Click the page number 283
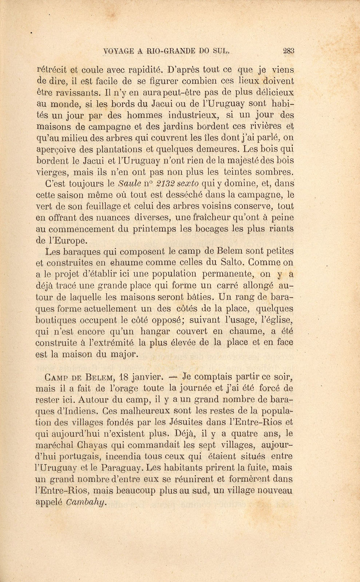tap(288, 51)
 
